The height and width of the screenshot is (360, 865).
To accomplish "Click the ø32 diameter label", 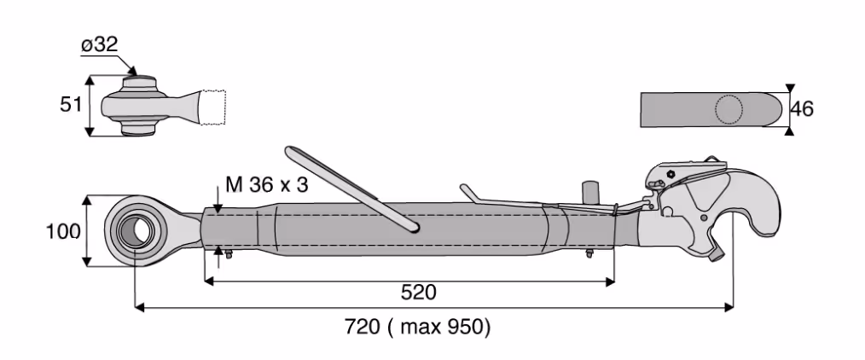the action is point(99,44).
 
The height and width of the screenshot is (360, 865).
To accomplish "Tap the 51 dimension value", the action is point(71,104).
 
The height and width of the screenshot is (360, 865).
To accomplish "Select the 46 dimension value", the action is point(802,109).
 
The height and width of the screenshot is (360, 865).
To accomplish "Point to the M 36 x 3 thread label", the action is point(266,185).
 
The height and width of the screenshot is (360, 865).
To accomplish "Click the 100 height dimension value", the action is point(63,231).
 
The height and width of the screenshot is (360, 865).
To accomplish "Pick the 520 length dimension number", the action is point(418,293).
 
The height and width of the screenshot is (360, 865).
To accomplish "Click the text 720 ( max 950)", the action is point(417,327).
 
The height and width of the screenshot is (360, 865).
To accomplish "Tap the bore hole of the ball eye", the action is point(132,229).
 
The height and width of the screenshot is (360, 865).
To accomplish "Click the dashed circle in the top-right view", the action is point(729,110).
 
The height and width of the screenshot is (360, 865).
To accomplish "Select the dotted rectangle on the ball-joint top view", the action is point(213,107).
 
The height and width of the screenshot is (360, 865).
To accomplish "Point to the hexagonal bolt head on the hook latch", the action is point(671,174).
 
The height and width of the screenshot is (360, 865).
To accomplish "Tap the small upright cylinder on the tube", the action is point(591,194).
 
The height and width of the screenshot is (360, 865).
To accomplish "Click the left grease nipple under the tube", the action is point(229,253).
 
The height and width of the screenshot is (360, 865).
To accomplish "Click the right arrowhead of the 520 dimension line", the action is point(610,282).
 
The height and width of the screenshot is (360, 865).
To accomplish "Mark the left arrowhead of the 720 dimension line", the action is point(140,307).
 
